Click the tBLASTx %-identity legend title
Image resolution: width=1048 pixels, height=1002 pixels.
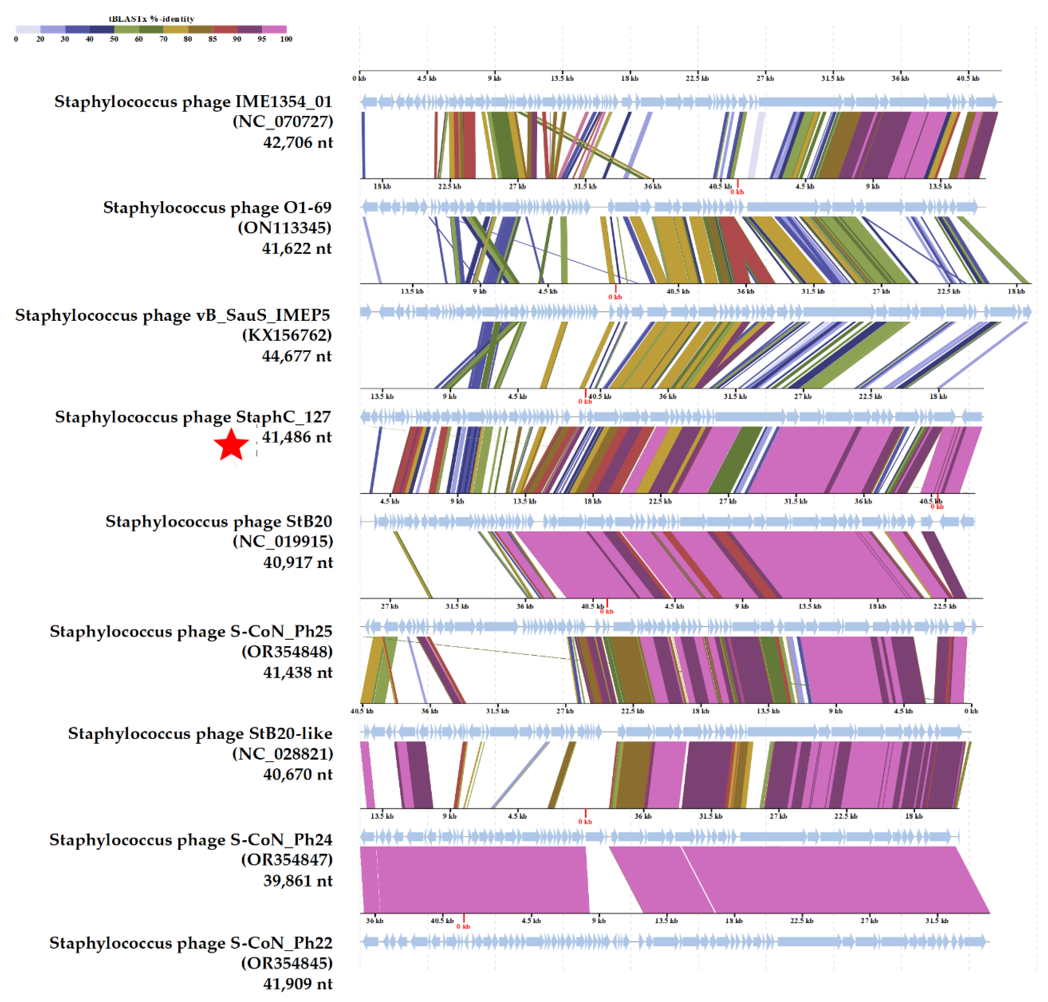click(x=152, y=19)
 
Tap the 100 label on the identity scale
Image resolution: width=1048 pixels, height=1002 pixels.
click(x=286, y=39)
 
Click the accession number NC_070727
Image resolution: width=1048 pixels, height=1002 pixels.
click(x=283, y=122)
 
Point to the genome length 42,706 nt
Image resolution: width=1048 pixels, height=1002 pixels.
click(x=298, y=143)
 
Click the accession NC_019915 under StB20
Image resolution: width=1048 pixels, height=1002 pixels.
click(x=283, y=542)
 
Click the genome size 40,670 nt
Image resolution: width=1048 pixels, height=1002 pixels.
click(x=298, y=774)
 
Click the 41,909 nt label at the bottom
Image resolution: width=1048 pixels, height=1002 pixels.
click(x=298, y=984)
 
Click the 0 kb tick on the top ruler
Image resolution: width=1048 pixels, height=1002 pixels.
click(x=359, y=79)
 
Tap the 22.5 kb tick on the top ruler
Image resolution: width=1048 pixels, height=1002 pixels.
click(x=697, y=79)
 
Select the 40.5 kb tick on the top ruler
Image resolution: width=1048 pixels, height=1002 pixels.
click(x=967, y=79)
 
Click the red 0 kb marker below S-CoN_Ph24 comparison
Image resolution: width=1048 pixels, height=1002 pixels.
click(x=463, y=926)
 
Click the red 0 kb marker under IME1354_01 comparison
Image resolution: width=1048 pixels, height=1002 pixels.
click(x=737, y=191)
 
